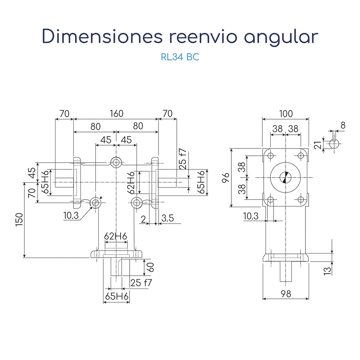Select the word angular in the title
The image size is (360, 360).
pos(282,37)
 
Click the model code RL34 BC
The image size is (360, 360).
pos(180,57)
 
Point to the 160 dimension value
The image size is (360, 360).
pos(116,114)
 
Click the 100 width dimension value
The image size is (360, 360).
pos(286,114)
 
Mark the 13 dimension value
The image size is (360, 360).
pos(327,270)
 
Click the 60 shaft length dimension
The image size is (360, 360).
pos(150,267)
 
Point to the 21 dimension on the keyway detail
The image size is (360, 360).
pos(318,144)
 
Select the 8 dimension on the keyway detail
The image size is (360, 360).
pos(343,125)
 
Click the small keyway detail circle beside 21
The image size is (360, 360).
pos(334,143)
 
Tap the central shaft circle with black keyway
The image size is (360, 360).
pos(286,178)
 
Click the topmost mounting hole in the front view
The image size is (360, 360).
pos(116,162)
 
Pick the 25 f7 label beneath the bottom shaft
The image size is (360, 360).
pos(141,282)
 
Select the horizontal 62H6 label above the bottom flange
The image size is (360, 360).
pos(115,236)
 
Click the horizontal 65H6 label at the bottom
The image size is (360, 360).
pos(117,296)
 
